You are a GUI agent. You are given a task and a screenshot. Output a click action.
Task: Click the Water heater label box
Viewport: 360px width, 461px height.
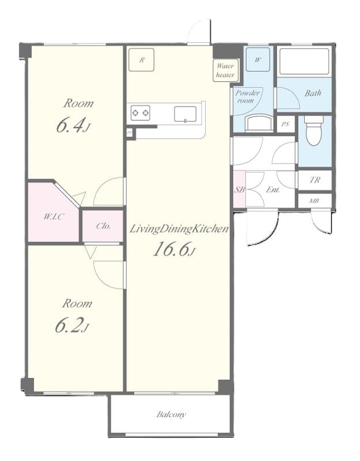pos(225,70)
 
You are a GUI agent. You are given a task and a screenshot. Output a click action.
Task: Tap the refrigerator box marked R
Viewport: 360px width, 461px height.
pos(141,59)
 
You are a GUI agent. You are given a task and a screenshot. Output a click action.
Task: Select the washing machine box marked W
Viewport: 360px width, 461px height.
pos(257,59)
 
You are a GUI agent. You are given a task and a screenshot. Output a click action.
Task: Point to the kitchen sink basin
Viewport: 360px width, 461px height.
pos(186,114)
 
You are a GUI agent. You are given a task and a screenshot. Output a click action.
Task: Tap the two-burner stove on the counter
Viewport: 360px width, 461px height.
pos(141,112)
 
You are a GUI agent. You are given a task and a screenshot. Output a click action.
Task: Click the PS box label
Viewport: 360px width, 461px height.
pos(285,124)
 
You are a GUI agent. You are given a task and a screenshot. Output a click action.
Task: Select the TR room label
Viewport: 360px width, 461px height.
pos(314,180)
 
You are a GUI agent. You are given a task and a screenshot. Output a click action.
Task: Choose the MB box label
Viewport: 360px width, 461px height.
pos(314,201)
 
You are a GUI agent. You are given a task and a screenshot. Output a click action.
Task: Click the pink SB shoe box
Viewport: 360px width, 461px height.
pos(239,190)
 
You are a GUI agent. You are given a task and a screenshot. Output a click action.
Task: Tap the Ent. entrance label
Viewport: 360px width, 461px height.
pos(272,190)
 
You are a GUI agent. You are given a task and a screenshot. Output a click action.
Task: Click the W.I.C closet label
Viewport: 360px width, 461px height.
pos(52,217)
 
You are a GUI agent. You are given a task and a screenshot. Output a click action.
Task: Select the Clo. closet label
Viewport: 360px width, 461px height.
pos(103,226)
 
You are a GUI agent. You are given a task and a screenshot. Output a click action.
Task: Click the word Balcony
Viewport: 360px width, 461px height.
pos(171,414)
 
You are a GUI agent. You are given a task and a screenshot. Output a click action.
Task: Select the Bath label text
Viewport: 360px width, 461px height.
pos(313,93)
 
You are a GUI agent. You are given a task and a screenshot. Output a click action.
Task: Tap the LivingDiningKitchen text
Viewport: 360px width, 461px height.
pos(179,229)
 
